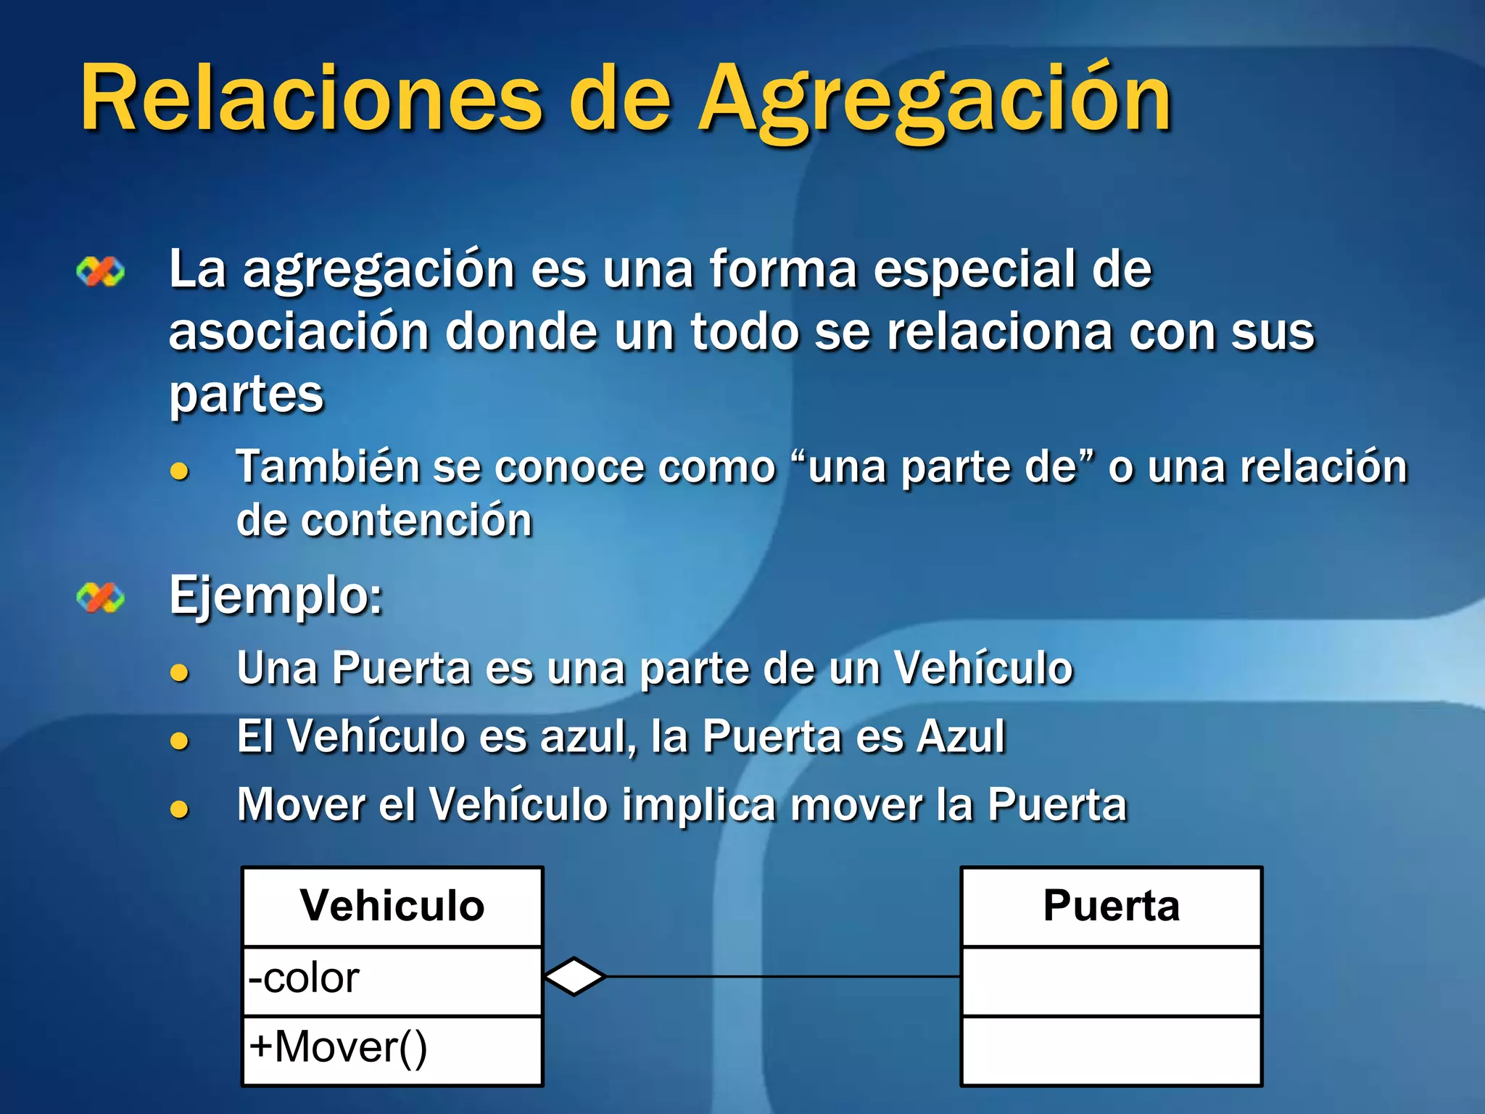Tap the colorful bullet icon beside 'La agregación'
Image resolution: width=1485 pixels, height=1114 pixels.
(x=100, y=272)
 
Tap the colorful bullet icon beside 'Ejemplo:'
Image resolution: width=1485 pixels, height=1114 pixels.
(x=100, y=598)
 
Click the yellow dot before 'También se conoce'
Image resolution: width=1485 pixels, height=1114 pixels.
(x=179, y=472)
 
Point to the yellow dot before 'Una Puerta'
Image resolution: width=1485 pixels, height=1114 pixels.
(x=179, y=672)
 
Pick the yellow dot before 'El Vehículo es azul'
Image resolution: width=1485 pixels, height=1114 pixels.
(x=179, y=740)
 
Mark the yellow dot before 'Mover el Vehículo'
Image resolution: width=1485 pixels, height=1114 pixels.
(x=179, y=809)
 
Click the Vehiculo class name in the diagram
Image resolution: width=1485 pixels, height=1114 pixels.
(x=392, y=906)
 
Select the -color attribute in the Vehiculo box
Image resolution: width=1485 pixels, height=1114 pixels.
(x=304, y=978)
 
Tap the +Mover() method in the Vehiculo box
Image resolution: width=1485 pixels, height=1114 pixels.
(x=338, y=1047)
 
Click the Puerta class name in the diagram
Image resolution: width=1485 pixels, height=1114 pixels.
(x=1111, y=906)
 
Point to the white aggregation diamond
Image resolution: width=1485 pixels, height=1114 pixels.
(x=574, y=976)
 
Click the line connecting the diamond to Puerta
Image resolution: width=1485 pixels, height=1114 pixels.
(x=783, y=976)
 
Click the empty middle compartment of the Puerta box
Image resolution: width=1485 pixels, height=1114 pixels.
(x=1111, y=981)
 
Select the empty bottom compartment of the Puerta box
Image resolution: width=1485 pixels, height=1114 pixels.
(x=1111, y=1050)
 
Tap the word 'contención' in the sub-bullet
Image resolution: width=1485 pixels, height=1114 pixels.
(x=416, y=521)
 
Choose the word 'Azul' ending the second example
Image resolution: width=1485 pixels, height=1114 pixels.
(x=961, y=737)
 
